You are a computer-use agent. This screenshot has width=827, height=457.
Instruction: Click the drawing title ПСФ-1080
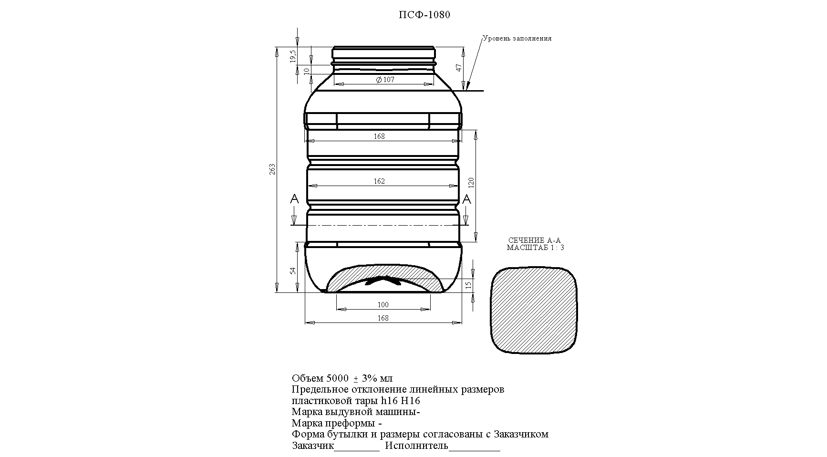point(424,15)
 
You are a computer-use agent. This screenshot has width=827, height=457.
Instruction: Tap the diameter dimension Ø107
point(385,80)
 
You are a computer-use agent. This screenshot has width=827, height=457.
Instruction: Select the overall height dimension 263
point(272,169)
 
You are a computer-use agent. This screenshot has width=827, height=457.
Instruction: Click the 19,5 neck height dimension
point(293,56)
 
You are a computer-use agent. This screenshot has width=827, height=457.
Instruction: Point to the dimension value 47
point(459,67)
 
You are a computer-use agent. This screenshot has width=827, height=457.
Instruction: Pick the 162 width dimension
point(379,181)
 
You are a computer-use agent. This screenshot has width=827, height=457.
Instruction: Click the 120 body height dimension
point(471,182)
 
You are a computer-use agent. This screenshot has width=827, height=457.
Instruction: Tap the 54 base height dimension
point(293,270)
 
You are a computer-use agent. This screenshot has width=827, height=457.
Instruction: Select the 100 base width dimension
point(383,305)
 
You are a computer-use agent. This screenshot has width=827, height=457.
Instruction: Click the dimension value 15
point(468,285)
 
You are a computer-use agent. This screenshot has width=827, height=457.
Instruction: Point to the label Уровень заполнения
point(517,39)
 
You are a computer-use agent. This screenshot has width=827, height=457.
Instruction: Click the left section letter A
point(294,199)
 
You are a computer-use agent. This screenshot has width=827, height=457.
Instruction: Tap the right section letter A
point(467,199)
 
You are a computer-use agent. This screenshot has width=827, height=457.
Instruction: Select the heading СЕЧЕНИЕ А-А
point(535,240)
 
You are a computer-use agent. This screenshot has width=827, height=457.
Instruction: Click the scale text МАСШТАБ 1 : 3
point(535,248)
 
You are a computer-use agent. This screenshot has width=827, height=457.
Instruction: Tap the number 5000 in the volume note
point(338,379)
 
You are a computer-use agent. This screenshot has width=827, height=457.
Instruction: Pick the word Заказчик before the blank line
point(312,446)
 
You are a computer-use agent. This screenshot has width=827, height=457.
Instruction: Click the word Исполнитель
point(417,446)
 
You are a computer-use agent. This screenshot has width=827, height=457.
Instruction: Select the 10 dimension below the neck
point(307,71)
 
